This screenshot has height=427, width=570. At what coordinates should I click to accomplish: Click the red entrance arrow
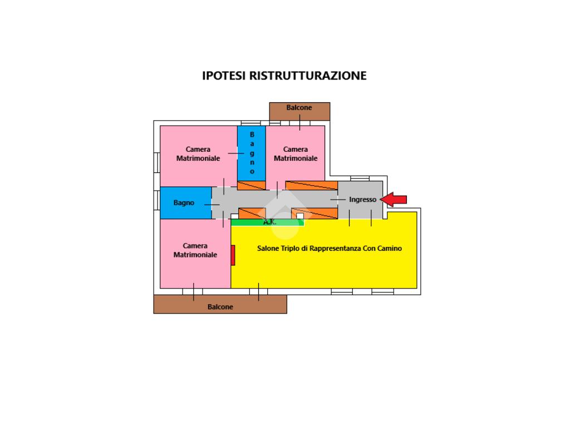click(394, 200)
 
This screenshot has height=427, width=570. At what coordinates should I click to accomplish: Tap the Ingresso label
click(362, 200)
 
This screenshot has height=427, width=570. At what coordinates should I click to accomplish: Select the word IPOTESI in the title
click(224, 76)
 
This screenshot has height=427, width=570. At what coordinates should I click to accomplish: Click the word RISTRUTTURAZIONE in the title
click(308, 76)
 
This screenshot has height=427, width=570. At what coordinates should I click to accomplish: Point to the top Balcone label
click(299, 107)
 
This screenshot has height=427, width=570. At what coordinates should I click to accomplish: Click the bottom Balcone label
click(220, 307)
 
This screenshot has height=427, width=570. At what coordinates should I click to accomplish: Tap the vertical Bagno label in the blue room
click(252, 153)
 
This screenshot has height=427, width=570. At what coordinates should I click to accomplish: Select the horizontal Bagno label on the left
click(184, 202)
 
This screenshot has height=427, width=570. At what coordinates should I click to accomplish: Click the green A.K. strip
click(268, 222)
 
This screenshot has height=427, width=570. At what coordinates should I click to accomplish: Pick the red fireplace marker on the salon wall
click(233, 255)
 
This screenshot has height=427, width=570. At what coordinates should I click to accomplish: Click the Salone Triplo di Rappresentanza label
click(309, 249)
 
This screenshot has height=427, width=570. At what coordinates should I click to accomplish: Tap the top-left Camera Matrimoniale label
click(198, 153)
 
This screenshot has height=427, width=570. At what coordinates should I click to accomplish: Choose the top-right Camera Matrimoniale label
click(296, 153)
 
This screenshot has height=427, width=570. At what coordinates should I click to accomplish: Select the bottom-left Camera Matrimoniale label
click(195, 250)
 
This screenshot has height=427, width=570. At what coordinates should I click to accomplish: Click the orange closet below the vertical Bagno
click(252, 185)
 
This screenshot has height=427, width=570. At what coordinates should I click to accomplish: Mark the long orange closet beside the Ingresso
click(312, 185)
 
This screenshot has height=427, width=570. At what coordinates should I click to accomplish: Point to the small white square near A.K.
click(300, 216)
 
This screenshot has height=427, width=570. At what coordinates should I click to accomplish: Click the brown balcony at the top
click(299, 111)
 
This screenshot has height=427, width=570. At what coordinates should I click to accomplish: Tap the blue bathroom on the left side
click(186, 202)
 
